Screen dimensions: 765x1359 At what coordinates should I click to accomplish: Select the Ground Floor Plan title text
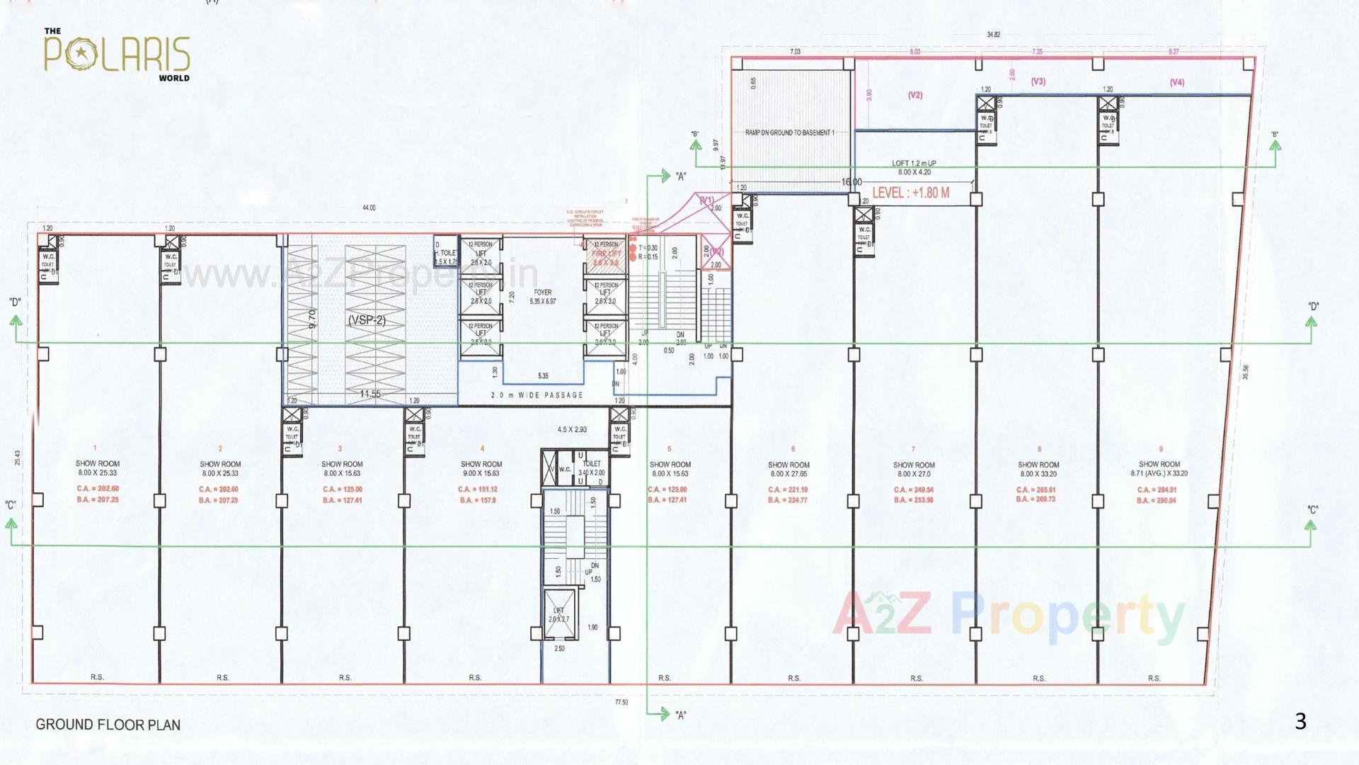click(x=108, y=725)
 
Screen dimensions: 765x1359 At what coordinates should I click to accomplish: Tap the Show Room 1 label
click(x=98, y=464)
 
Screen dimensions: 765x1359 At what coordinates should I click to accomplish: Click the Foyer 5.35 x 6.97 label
click(x=542, y=297)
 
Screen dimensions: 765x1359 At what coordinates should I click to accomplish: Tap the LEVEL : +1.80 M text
click(x=910, y=193)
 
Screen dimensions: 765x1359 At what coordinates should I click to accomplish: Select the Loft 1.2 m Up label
click(x=914, y=164)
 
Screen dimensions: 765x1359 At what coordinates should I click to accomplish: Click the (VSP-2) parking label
click(x=367, y=320)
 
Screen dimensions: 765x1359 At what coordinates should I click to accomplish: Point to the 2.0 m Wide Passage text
click(x=537, y=395)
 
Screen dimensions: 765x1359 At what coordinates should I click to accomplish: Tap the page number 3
click(x=1300, y=722)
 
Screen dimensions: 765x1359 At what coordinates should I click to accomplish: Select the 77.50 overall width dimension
click(x=621, y=702)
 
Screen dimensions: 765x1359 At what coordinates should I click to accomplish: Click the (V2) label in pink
click(x=914, y=95)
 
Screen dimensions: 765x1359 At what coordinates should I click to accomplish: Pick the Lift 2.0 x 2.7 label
click(x=558, y=615)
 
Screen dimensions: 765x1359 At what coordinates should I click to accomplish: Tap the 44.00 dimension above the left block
click(x=368, y=208)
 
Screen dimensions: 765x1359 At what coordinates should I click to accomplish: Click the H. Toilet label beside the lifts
click(x=447, y=253)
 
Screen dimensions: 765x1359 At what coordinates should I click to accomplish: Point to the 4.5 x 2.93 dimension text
click(x=572, y=430)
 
